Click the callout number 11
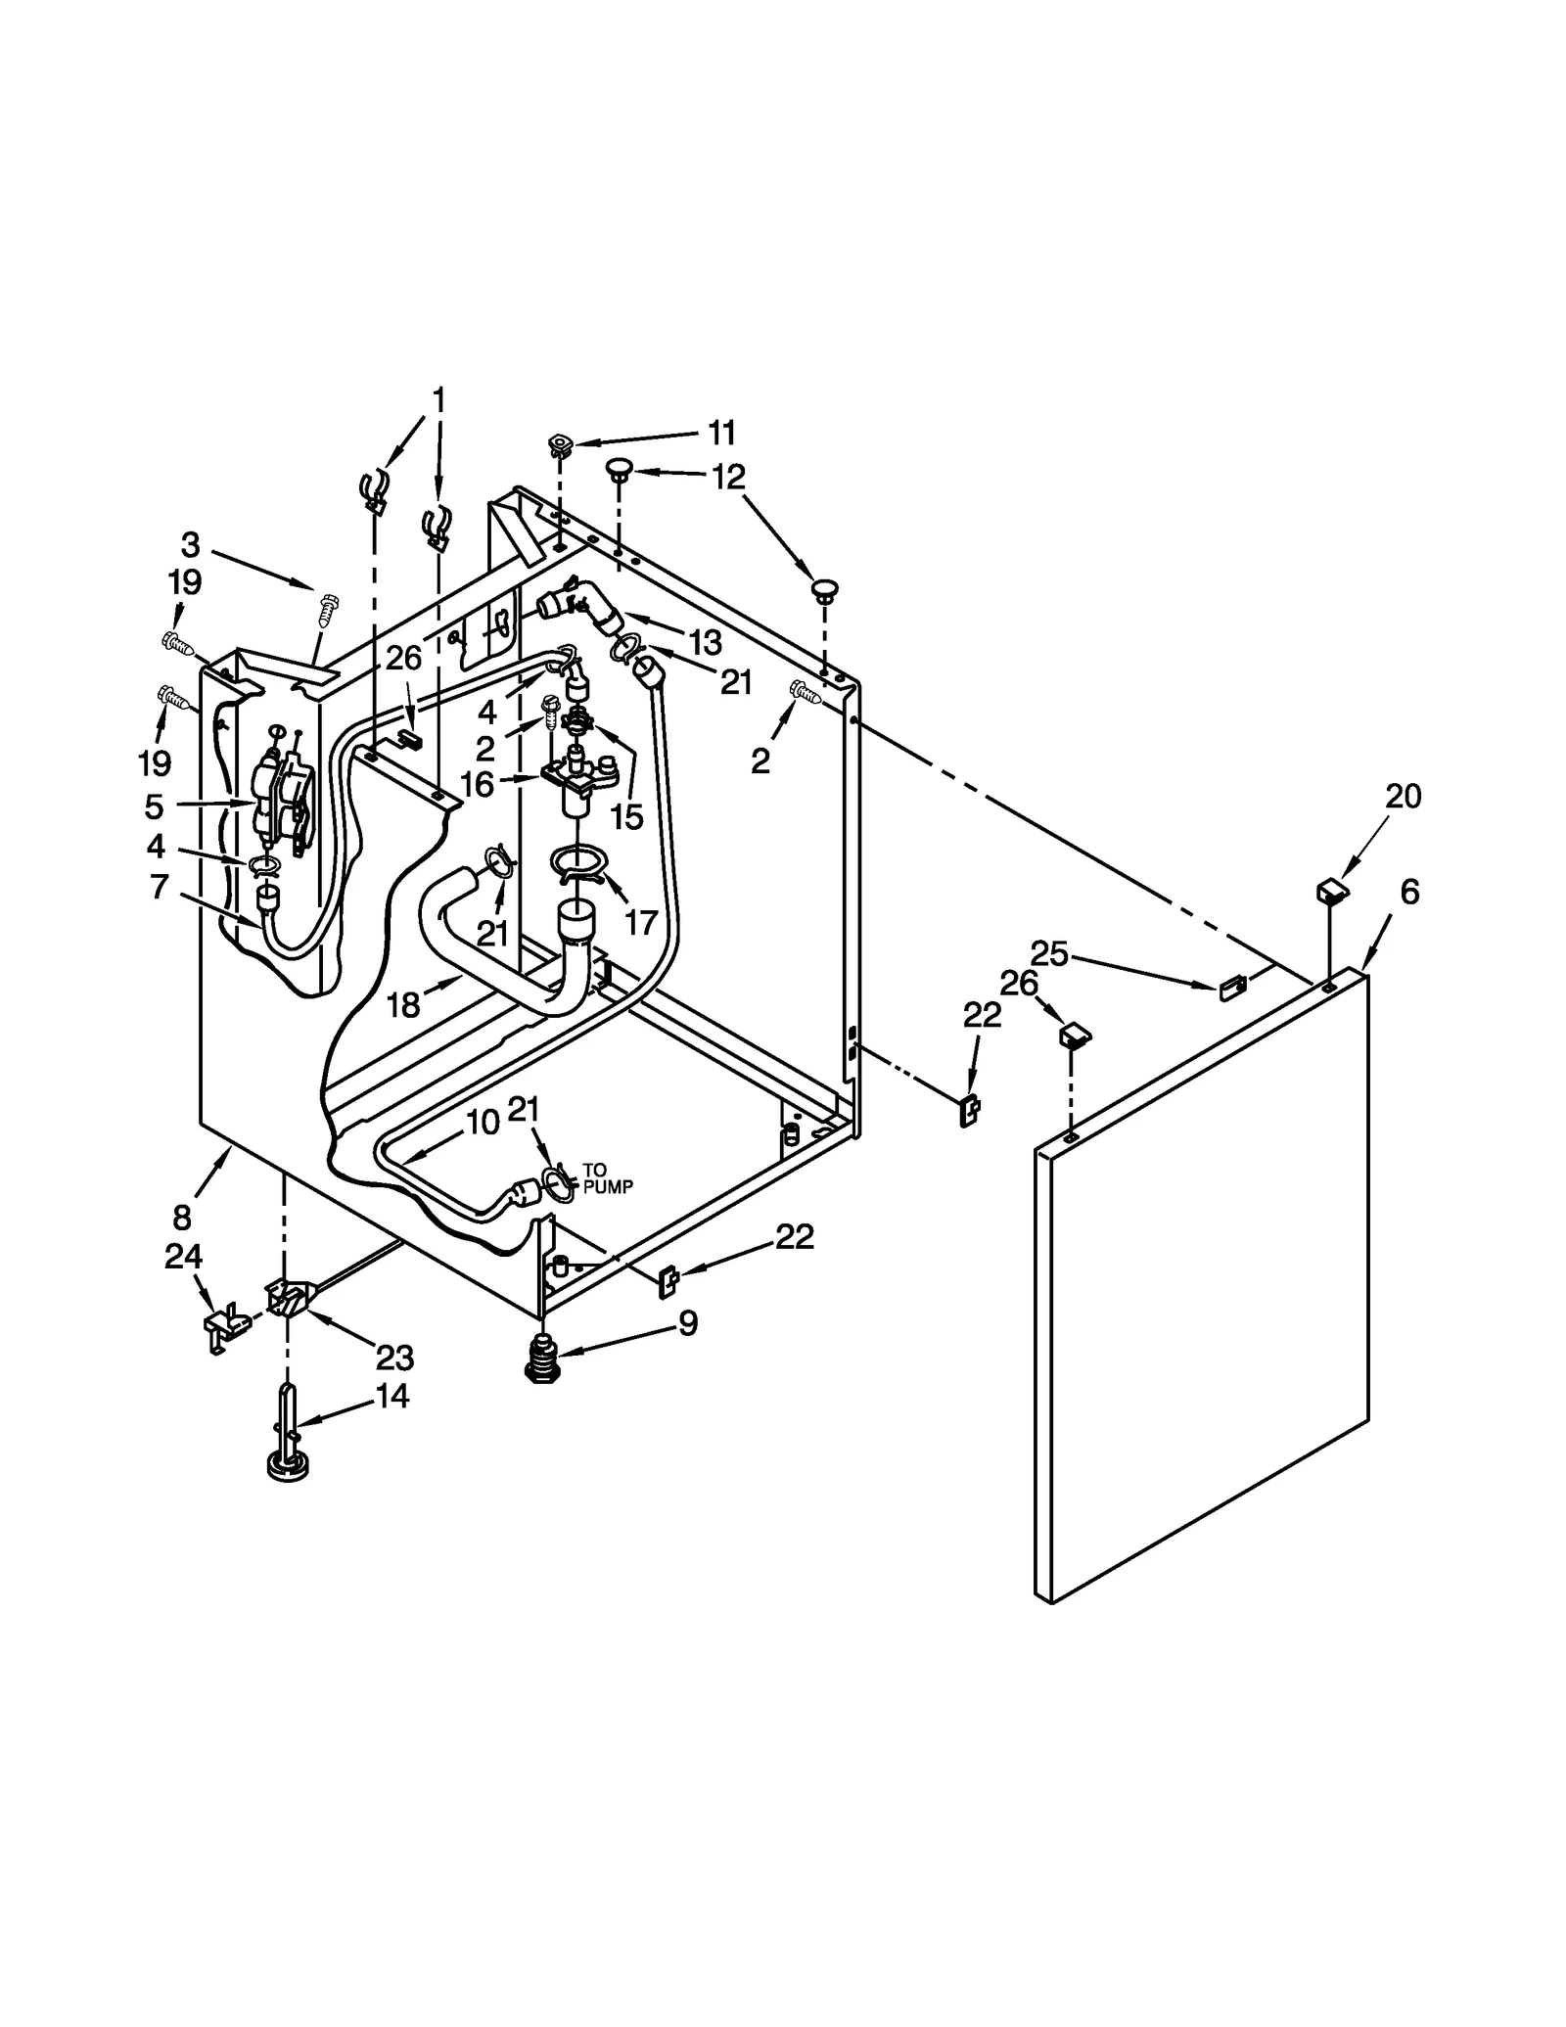[x=721, y=432]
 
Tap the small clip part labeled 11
[x=560, y=445]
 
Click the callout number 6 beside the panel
[x=1408, y=892]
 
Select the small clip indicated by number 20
[x=1332, y=890]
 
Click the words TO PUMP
[x=608, y=1178]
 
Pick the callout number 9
[x=688, y=1323]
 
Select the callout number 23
[x=395, y=1358]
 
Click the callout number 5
[x=154, y=806]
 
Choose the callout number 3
[x=190, y=544]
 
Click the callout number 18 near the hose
[x=403, y=1004]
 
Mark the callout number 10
[x=483, y=1123]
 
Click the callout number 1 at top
[x=438, y=399]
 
